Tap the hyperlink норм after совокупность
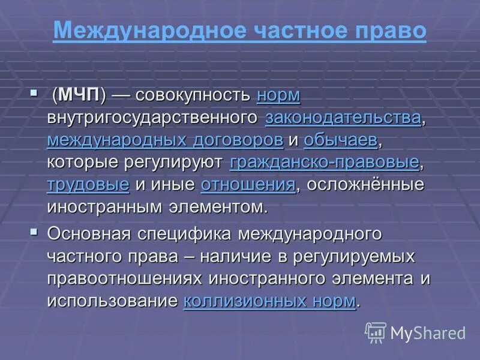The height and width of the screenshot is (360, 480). coord(278,95)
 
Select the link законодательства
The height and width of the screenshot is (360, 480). coord(343,118)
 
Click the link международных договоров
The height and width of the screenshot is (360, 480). coord(164,140)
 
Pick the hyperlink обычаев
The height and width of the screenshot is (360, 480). coord(341,140)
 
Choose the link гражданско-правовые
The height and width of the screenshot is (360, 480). coord(324,162)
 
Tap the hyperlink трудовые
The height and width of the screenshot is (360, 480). coord(88,184)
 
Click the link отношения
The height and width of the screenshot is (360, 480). coord(248,184)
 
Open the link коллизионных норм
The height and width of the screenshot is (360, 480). coord(269,300)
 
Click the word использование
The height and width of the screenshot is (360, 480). coord(112,300)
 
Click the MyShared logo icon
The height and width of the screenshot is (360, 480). coord(375,332)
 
